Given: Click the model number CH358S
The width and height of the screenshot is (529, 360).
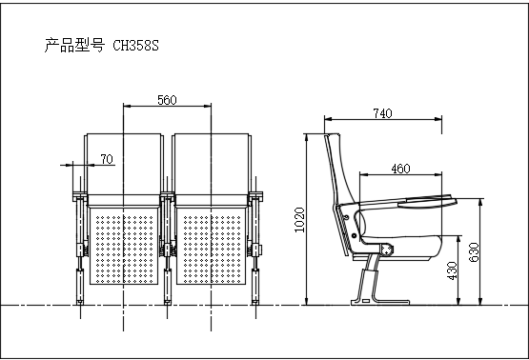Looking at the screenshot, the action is tap(135, 46).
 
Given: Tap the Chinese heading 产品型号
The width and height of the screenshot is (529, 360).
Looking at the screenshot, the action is tap(74, 45).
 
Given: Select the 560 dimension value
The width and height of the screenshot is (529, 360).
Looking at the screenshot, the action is tap(167, 100).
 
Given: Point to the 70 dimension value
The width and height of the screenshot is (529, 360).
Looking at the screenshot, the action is tap(107, 159).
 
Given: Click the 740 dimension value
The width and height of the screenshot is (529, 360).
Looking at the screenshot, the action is tap(382, 113).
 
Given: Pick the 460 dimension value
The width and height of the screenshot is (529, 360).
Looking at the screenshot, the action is tap(400, 169).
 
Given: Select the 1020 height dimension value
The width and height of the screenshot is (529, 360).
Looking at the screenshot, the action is tap(299, 220).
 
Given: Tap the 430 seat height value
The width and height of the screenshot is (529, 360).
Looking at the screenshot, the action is tap(452, 270).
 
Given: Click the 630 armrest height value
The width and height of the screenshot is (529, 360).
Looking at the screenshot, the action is tap(474, 251).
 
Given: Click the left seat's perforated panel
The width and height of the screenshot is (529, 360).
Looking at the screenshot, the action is tap(124, 246).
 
